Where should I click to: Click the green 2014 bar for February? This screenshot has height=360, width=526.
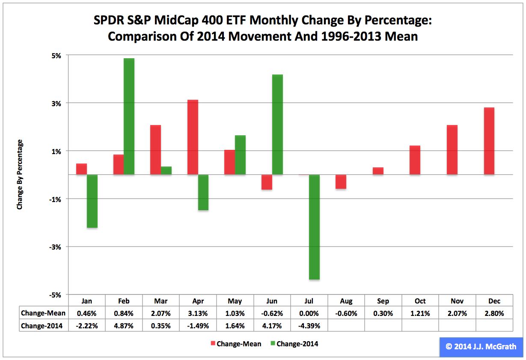pos(129,116)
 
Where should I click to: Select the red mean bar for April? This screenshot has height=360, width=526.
pos(193,137)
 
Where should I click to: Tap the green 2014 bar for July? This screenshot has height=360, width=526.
pos(314,227)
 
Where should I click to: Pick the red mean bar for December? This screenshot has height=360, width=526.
pos(489,141)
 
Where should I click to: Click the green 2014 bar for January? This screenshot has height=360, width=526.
pos(92,201)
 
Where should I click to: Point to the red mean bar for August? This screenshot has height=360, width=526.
pos(341,181)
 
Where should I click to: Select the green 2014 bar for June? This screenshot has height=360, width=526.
pos(277,124)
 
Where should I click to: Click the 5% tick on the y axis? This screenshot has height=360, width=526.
pos(57,55)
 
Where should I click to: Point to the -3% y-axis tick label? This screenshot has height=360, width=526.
pos(56,247)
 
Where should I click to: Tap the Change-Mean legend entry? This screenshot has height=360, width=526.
pos(235,344)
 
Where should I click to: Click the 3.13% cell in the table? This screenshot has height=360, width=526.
pos(198,313)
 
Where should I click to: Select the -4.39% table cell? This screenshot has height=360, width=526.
pos(309,326)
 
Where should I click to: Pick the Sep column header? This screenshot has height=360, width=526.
pos(383,301)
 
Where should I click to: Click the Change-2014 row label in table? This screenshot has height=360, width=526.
pos(42,326)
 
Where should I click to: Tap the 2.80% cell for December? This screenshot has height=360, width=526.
pos(494,313)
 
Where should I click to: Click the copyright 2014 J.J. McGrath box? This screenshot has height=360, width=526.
pos(481,347)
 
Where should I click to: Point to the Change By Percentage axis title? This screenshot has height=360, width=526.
pos(20,175)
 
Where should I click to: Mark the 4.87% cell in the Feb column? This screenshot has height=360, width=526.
pos(124,326)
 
